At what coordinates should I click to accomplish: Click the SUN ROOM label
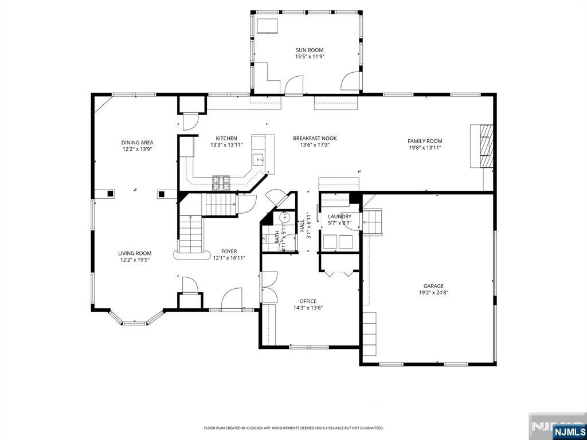click(310, 50)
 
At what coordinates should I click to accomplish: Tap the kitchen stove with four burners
click(222, 183)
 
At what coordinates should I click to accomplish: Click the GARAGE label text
click(433, 286)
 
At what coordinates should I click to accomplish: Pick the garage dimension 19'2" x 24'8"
click(433, 293)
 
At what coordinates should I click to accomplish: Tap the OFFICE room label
click(308, 301)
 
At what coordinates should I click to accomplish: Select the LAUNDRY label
click(339, 216)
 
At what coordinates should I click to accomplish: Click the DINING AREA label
click(137, 142)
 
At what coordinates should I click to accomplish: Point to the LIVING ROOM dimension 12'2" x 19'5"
click(135, 260)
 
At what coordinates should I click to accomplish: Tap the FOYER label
click(229, 251)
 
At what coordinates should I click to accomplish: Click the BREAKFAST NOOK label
click(315, 138)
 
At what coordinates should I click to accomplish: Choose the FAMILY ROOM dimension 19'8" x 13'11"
click(425, 148)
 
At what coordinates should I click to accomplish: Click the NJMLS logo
click(569, 431)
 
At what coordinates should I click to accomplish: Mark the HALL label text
click(302, 225)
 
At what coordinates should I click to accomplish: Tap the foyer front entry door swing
click(232, 299)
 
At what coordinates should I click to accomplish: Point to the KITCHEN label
click(226, 138)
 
